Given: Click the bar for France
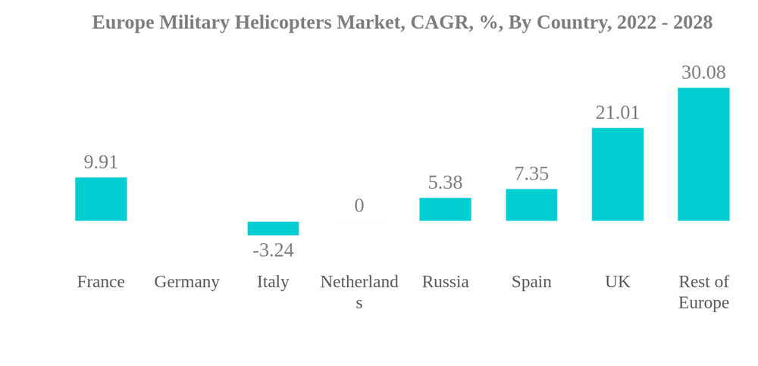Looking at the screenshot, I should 101,199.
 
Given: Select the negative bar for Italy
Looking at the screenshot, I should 273,228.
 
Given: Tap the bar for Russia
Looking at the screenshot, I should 445,209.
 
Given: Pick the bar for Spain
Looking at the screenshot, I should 531,205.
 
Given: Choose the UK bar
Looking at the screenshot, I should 617,174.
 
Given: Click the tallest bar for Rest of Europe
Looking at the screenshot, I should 703,155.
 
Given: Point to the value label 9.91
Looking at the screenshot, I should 101,162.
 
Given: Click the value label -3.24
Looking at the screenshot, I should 273,250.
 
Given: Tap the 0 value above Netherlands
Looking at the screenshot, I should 359,205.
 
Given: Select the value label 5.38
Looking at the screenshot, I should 445,183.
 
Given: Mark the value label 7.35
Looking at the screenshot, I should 531,174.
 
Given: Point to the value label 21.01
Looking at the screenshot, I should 617,113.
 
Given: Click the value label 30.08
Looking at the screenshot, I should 703,73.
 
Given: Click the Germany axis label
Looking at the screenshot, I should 186,282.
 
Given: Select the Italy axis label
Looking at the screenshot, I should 273,282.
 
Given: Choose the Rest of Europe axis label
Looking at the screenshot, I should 703,292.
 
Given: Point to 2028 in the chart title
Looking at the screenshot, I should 691,23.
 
